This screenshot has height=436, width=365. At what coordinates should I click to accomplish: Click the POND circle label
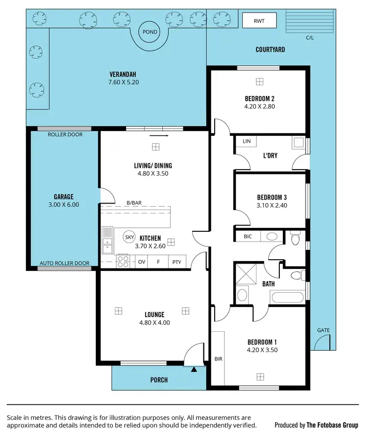[x=149, y=32]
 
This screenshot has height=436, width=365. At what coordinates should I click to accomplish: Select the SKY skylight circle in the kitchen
[x=129, y=237]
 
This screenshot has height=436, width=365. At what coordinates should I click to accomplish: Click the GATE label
[x=323, y=330]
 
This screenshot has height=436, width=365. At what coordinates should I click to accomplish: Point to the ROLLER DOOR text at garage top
[x=65, y=134]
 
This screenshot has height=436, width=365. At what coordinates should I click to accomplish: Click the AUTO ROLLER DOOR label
[x=65, y=263]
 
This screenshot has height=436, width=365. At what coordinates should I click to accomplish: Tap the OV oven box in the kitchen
[x=142, y=262]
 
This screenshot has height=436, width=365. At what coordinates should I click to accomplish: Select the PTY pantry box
[x=176, y=262]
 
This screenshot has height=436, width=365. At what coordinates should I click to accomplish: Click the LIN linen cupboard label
[x=246, y=141]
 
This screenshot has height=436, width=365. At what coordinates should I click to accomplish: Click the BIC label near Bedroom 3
[x=247, y=236]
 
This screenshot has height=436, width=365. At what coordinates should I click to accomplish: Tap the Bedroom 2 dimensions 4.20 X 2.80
[x=259, y=106]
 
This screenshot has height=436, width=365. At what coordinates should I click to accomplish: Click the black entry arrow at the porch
[x=194, y=370]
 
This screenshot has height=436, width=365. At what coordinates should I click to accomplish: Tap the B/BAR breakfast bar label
[x=134, y=203]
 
